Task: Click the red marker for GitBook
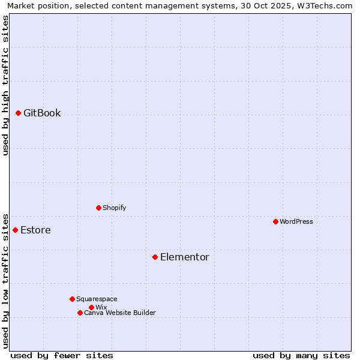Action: (x=18, y=113)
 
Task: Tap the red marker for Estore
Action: (x=15, y=230)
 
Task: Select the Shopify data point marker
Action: (x=98, y=208)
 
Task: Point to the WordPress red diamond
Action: (x=275, y=221)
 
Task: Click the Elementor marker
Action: (x=155, y=257)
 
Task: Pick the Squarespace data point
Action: (x=72, y=299)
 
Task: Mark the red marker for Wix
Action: (x=91, y=307)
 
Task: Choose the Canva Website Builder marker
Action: (x=80, y=313)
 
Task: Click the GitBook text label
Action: (x=42, y=113)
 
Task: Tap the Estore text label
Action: (x=35, y=230)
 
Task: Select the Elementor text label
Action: (x=185, y=257)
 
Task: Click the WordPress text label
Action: (x=296, y=221)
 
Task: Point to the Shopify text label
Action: (x=115, y=208)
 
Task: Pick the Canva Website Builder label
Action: (x=120, y=313)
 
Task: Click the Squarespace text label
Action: (x=97, y=299)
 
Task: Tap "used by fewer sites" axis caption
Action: (x=62, y=355)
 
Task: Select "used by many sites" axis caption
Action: (x=301, y=355)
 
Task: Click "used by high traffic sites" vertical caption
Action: (x=5, y=85)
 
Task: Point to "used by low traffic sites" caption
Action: (x=5, y=280)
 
